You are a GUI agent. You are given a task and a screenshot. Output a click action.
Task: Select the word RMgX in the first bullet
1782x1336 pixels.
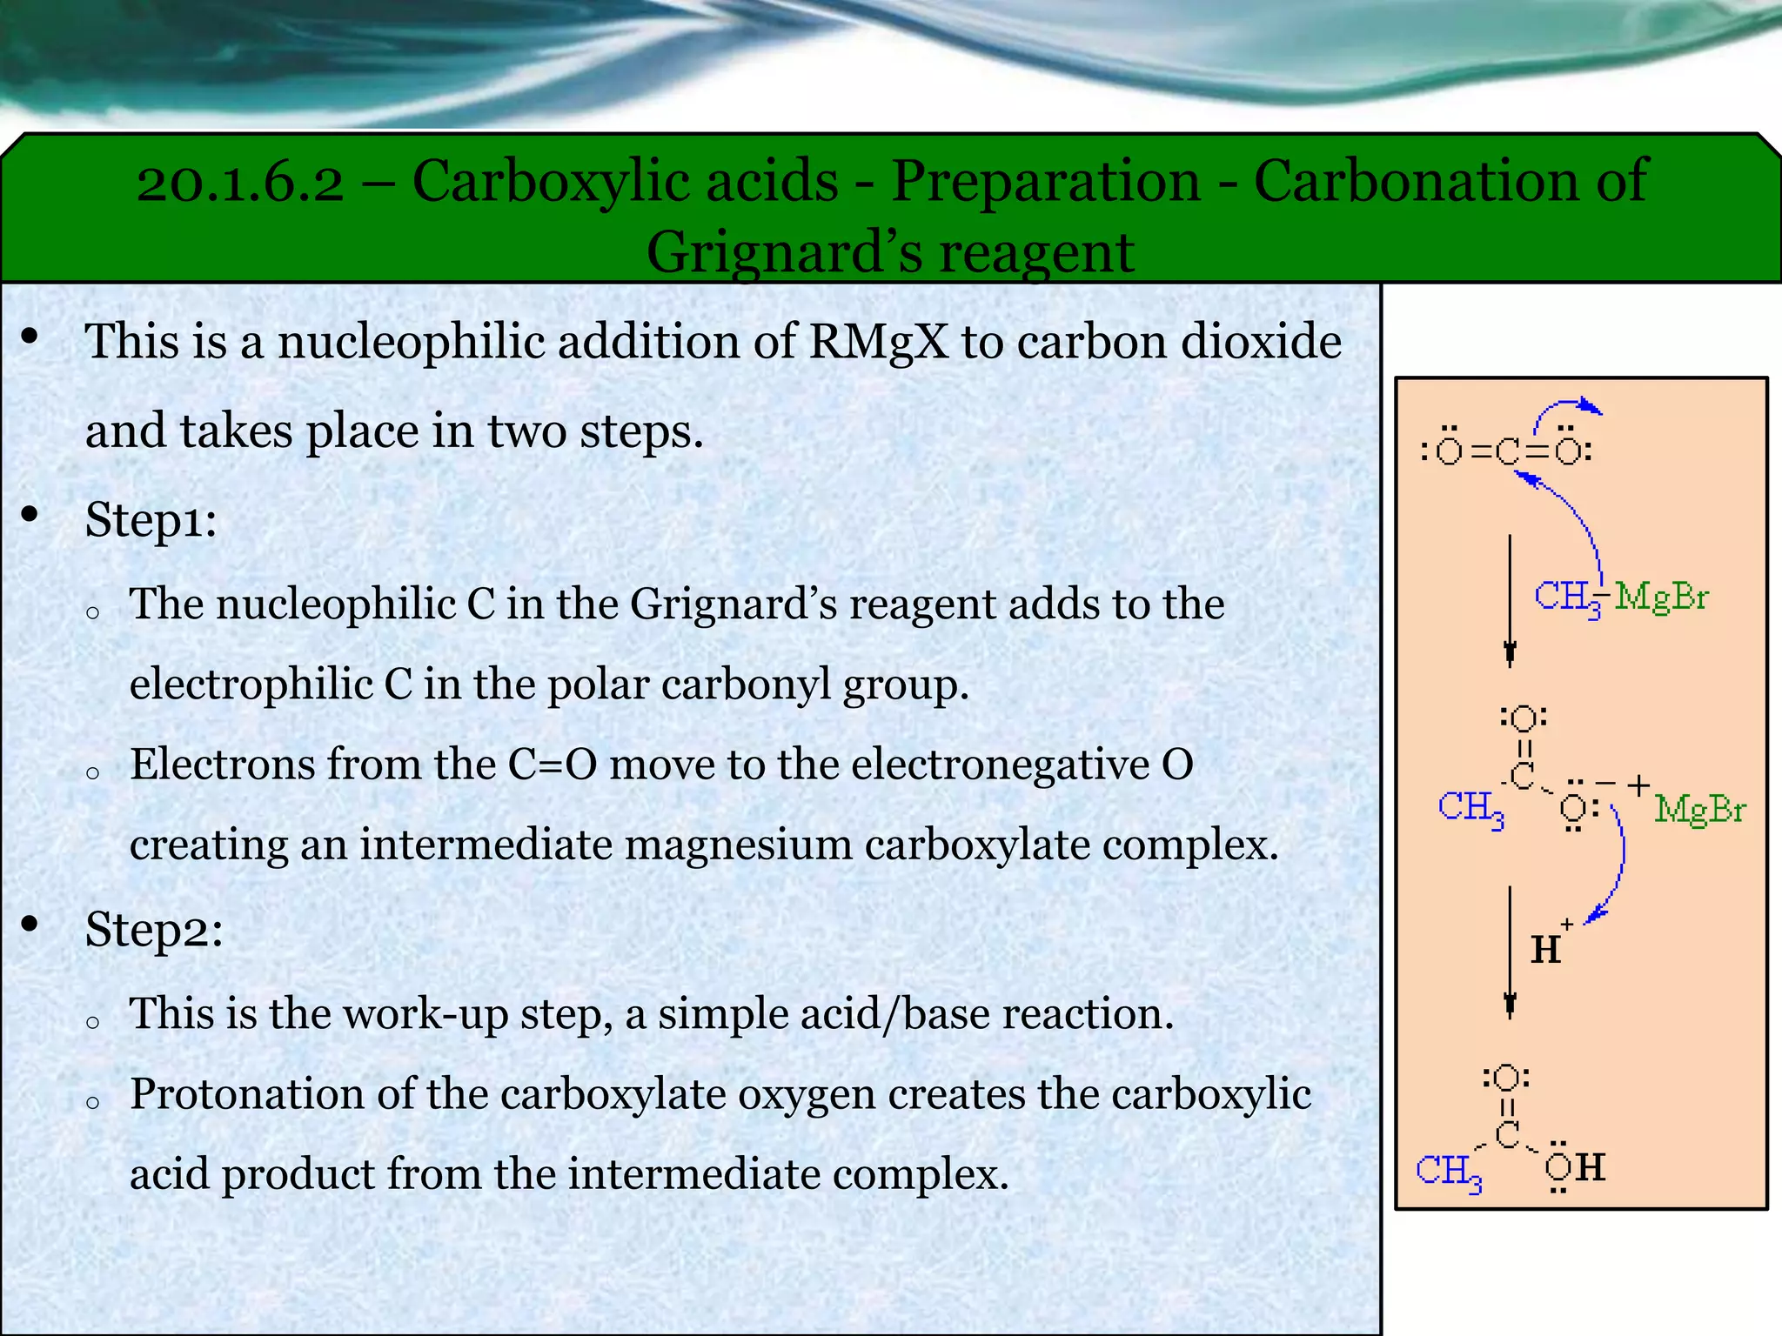click(878, 341)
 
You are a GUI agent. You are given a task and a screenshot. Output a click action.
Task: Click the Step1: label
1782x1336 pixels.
click(151, 520)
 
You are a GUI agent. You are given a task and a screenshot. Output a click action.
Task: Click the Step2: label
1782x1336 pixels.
click(154, 929)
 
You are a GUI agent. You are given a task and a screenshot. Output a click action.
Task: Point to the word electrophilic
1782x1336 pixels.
click(251, 684)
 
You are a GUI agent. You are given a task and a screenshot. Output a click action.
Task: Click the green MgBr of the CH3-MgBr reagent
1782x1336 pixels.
click(1661, 598)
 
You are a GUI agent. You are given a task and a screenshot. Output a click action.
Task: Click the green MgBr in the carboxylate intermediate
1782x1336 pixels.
click(1699, 810)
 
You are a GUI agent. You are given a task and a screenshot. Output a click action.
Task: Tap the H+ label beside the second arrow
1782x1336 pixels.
click(1549, 945)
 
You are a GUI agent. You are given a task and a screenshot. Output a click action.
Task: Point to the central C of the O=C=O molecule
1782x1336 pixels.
click(1507, 451)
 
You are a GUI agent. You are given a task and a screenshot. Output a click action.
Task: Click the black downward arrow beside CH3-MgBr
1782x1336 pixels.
click(1510, 600)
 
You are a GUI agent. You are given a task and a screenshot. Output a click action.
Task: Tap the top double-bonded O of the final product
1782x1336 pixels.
click(1507, 1079)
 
